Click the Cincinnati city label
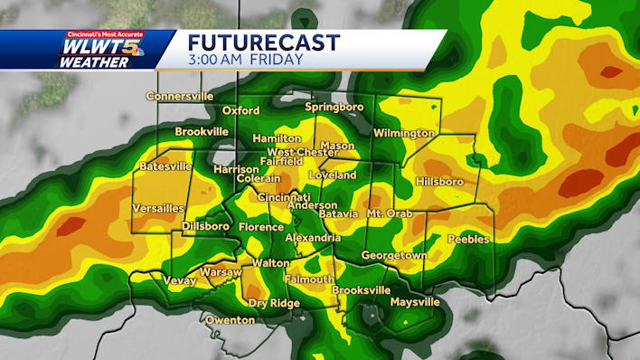284,197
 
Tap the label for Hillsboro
439,182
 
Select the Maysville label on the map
415,301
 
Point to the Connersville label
180,96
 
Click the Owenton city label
230,320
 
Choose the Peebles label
468,240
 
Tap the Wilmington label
404,133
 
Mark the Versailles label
158,208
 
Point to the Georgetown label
394,256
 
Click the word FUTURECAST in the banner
264,43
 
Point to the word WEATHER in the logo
92,63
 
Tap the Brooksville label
362,290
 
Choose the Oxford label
240,111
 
